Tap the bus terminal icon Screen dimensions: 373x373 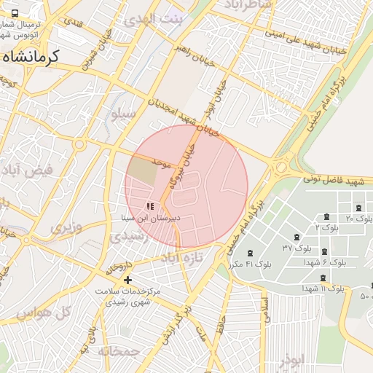pos(16,13)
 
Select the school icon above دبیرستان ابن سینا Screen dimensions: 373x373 pos(150,207)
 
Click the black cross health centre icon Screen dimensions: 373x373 pos(127,280)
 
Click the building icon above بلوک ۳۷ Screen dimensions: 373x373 pos(296,237)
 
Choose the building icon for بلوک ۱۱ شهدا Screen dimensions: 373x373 pos(323,278)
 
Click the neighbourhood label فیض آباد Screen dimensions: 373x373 pos(28,173)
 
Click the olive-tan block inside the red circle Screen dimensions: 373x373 pos(143,170)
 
